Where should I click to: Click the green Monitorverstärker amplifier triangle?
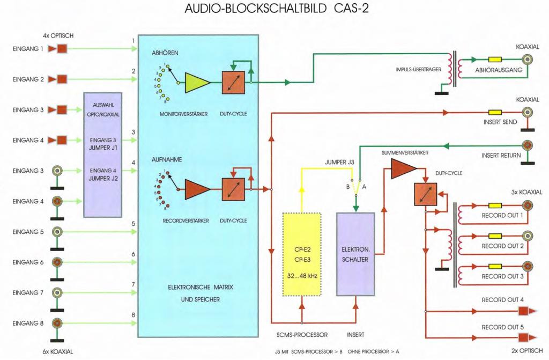pyautogui.click(x=197, y=83)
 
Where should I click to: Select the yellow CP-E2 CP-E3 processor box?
pyautogui.click(x=301, y=254)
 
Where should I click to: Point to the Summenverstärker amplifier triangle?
pyautogui.click(x=402, y=170)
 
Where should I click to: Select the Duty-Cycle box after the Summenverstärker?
pyautogui.click(x=426, y=193)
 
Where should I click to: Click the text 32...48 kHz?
pyautogui.click(x=301, y=278)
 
